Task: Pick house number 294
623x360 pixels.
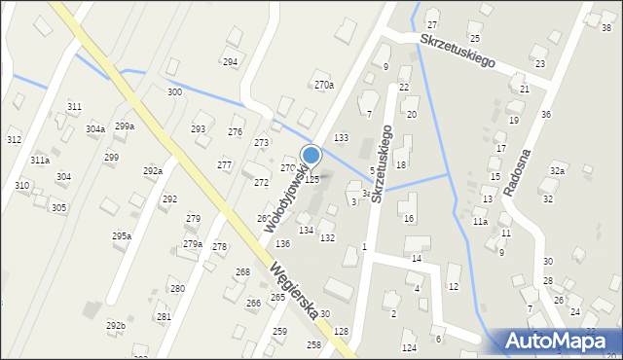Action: [x=230, y=62]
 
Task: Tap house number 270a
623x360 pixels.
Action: [x=324, y=86]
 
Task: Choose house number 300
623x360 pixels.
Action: [x=174, y=92]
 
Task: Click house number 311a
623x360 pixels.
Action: [x=40, y=161]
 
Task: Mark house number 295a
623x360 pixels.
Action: [x=122, y=236]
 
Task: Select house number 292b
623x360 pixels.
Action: [x=116, y=325]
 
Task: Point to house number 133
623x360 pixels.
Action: [x=341, y=138]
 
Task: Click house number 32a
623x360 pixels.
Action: [x=557, y=171]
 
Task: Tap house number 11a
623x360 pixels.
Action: [x=480, y=222]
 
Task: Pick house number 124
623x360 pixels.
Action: [x=409, y=347]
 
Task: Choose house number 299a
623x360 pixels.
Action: [x=125, y=126]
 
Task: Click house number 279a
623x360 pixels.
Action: [x=193, y=244]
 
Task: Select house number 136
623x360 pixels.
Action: [x=282, y=243]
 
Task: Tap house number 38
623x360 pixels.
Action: [x=606, y=28]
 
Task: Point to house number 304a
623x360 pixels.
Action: [x=95, y=129]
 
